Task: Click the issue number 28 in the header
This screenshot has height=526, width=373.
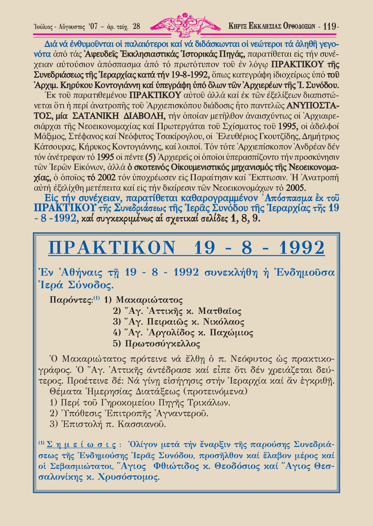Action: [x=136, y=26]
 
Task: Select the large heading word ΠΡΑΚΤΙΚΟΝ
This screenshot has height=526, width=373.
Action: [x=112, y=248]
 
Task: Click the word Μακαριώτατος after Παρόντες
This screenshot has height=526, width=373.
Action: [x=149, y=300]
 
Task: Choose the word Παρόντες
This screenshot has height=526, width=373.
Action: [x=71, y=300]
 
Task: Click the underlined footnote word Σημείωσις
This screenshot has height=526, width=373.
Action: [x=81, y=445]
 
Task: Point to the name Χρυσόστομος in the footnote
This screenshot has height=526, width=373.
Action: [x=128, y=477]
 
